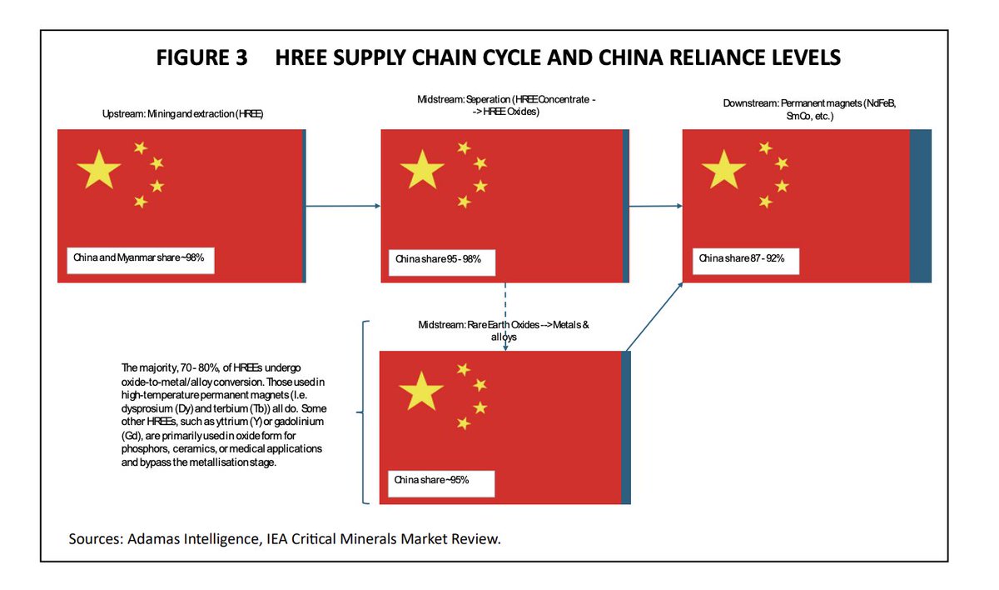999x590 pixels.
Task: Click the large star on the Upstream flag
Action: [x=98, y=169]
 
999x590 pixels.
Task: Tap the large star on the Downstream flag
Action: [x=723, y=169]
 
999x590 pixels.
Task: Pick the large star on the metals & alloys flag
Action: [x=421, y=391]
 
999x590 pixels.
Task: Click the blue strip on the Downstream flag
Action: [x=920, y=206]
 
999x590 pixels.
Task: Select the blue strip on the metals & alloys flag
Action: [x=625, y=427]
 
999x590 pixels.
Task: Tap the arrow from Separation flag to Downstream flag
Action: [x=654, y=206]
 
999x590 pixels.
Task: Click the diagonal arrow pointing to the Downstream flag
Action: [x=654, y=315]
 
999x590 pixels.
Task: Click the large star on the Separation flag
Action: [x=421, y=169]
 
